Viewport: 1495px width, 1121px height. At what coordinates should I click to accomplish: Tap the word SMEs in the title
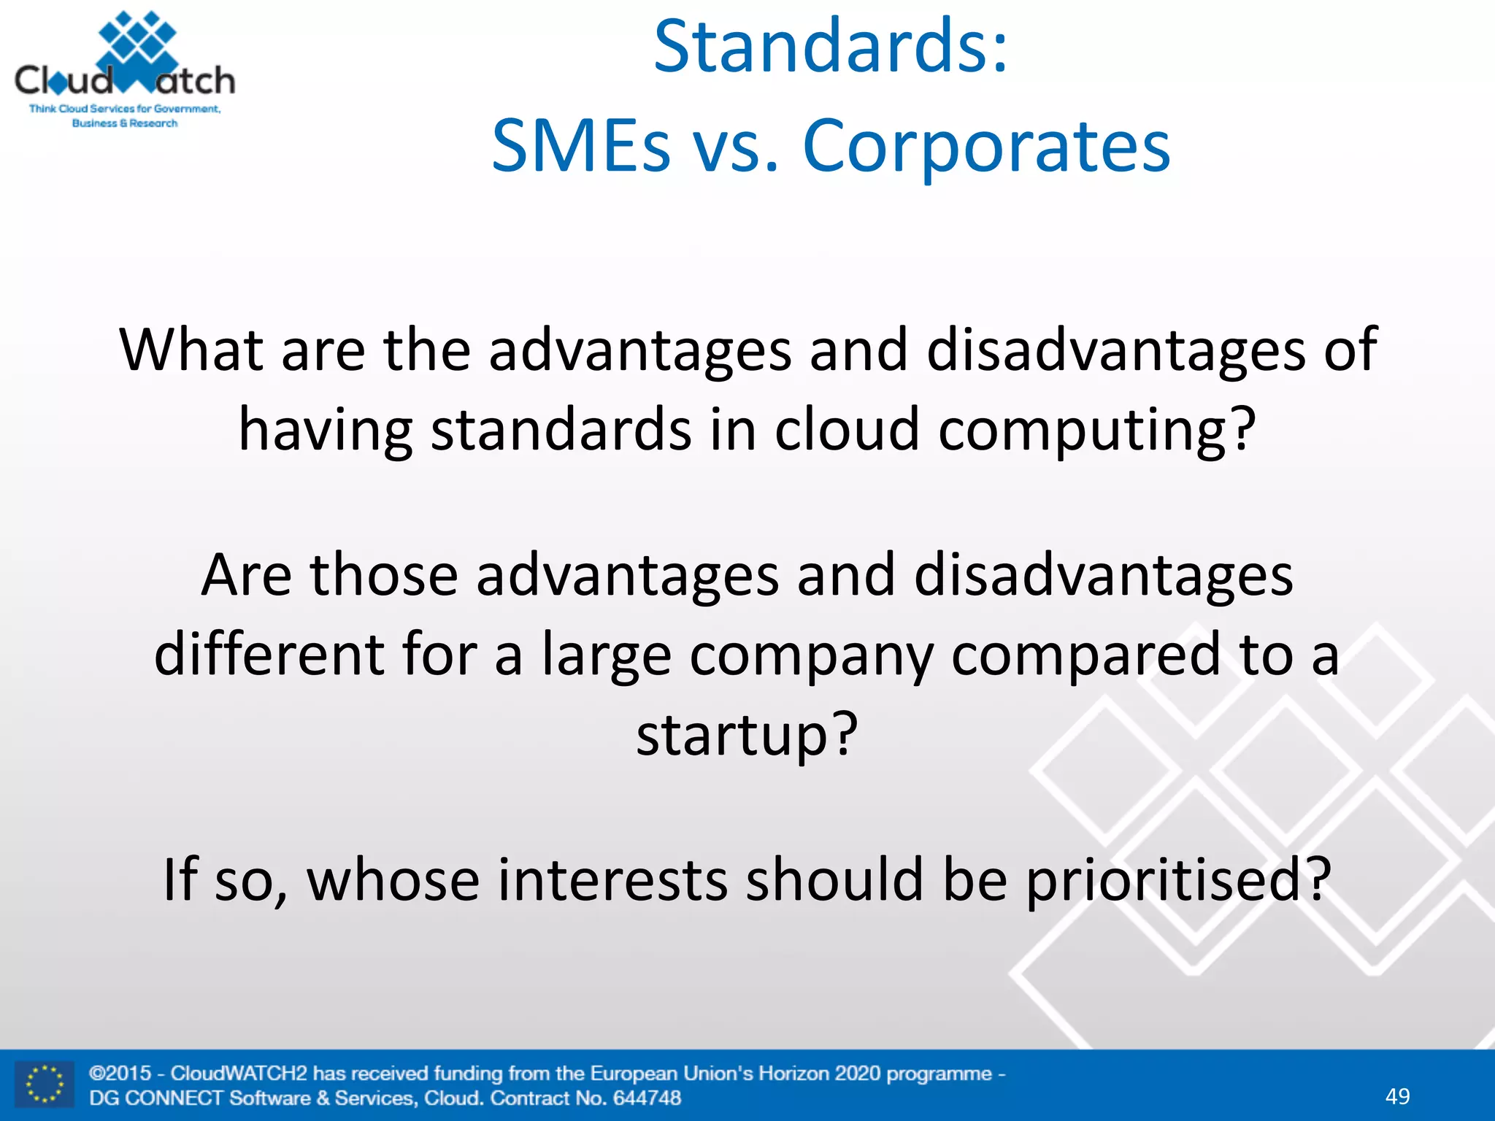point(580,147)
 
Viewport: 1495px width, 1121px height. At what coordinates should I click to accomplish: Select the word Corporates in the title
point(986,147)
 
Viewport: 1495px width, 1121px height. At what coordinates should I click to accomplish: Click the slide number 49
point(1397,1096)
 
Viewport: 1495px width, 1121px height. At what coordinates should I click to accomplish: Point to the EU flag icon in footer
point(45,1085)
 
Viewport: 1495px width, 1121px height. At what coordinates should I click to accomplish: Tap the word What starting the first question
point(191,350)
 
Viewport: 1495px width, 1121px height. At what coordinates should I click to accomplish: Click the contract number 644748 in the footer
point(647,1098)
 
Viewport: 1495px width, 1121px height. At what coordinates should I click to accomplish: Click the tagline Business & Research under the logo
point(125,123)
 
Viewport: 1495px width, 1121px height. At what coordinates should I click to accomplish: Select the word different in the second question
point(269,655)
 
